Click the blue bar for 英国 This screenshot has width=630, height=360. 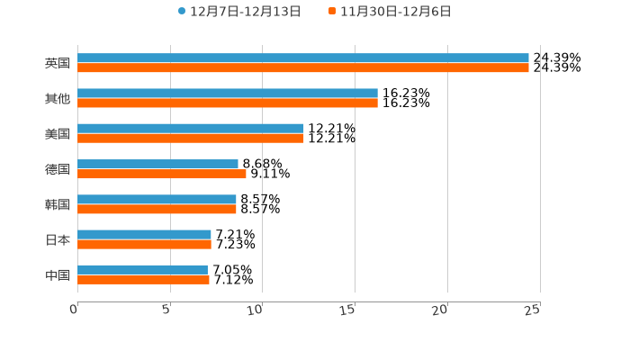point(303,58)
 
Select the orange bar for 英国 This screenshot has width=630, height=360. point(303,68)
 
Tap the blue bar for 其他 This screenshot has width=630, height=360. point(228,94)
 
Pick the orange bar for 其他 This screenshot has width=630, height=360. point(228,103)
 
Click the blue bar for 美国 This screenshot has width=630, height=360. point(191,129)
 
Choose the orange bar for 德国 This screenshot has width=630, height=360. point(162,174)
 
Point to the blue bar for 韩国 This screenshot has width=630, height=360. point(157,200)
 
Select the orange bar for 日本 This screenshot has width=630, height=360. point(145,244)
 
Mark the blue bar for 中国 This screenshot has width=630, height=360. point(143,270)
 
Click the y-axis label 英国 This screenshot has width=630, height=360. point(58,64)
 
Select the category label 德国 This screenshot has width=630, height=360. point(58,169)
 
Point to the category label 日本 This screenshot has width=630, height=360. point(58,239)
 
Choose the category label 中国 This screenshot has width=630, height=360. point(58,274)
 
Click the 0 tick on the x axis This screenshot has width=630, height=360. point(74,310)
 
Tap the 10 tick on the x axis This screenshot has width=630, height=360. point(256,310)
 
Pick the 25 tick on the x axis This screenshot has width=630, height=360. point(533,310)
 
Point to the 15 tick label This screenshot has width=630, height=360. point(348,310)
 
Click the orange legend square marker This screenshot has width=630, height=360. point(332,12)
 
